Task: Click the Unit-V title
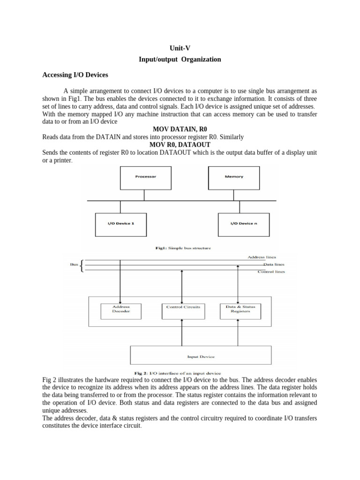(180, 48)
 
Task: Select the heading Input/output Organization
(180, 60)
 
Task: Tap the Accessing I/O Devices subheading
(75, 75)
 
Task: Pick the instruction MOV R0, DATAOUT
(180, 145)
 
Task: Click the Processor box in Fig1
(146, 177)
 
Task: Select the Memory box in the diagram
(234, 177)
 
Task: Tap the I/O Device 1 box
(121, 224)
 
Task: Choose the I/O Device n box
(244, 224)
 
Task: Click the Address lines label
(262, 257)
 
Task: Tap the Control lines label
(271, 271)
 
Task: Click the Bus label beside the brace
(74, 264)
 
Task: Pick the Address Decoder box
(121, 309)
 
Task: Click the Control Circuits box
(183, 307)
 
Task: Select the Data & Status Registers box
(240, 309)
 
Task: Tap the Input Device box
(201, 357)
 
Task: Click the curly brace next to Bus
(83, 266)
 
